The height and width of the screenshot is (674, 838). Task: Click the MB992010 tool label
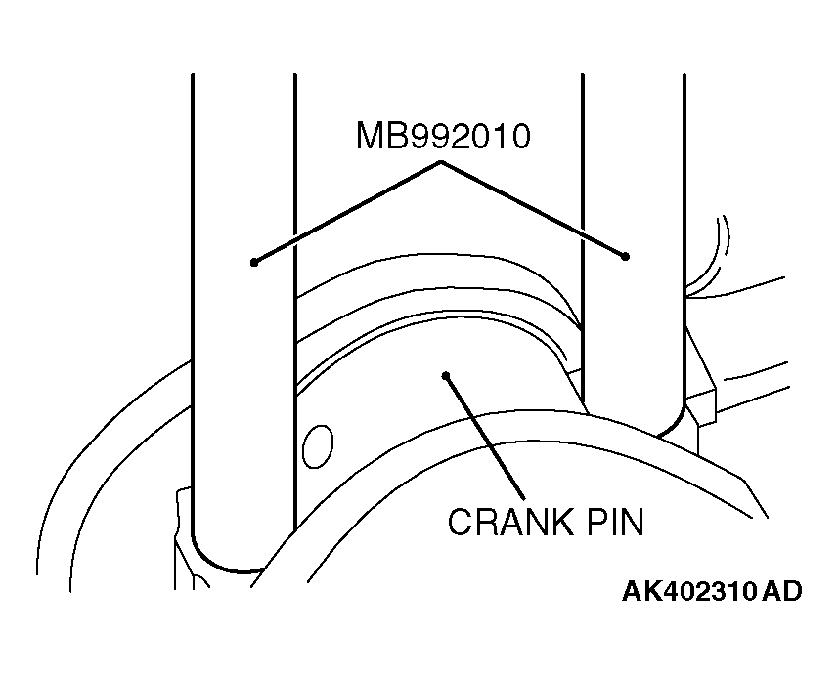coord(442,137)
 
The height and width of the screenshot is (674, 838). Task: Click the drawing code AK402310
coord(689,592)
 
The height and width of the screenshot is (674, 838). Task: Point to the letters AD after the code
coord(783,592)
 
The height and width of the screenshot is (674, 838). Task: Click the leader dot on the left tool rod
coord(253,262)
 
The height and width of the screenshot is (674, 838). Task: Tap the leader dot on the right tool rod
coord(625,257)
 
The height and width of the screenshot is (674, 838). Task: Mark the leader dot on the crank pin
coord(446,374)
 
